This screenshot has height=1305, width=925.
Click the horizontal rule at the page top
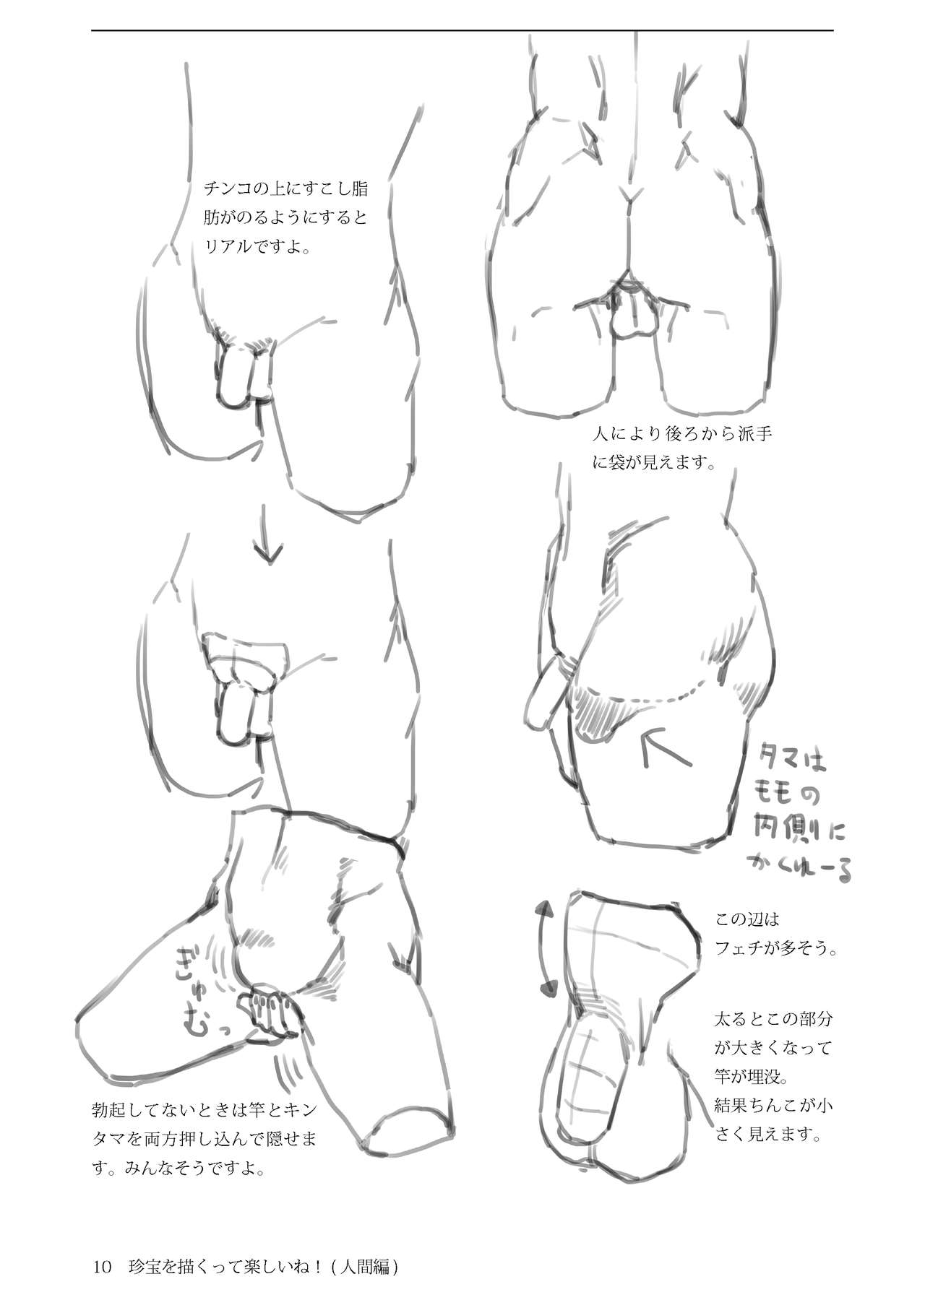462,30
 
